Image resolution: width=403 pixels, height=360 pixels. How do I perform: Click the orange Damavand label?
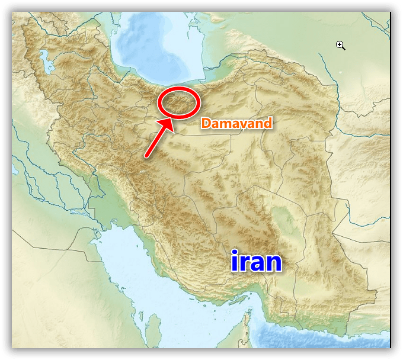(236, 123)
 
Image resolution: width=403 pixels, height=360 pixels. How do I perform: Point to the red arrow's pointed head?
(171, 121)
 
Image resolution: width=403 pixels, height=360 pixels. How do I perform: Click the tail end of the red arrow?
(146, 156)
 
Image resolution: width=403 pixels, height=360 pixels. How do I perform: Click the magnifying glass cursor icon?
(341, 45)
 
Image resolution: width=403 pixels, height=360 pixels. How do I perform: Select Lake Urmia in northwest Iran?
(42, 60)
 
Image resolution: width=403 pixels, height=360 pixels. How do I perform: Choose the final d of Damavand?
(268, 123)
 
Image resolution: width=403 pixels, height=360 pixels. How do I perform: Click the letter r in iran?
(243, 263)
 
